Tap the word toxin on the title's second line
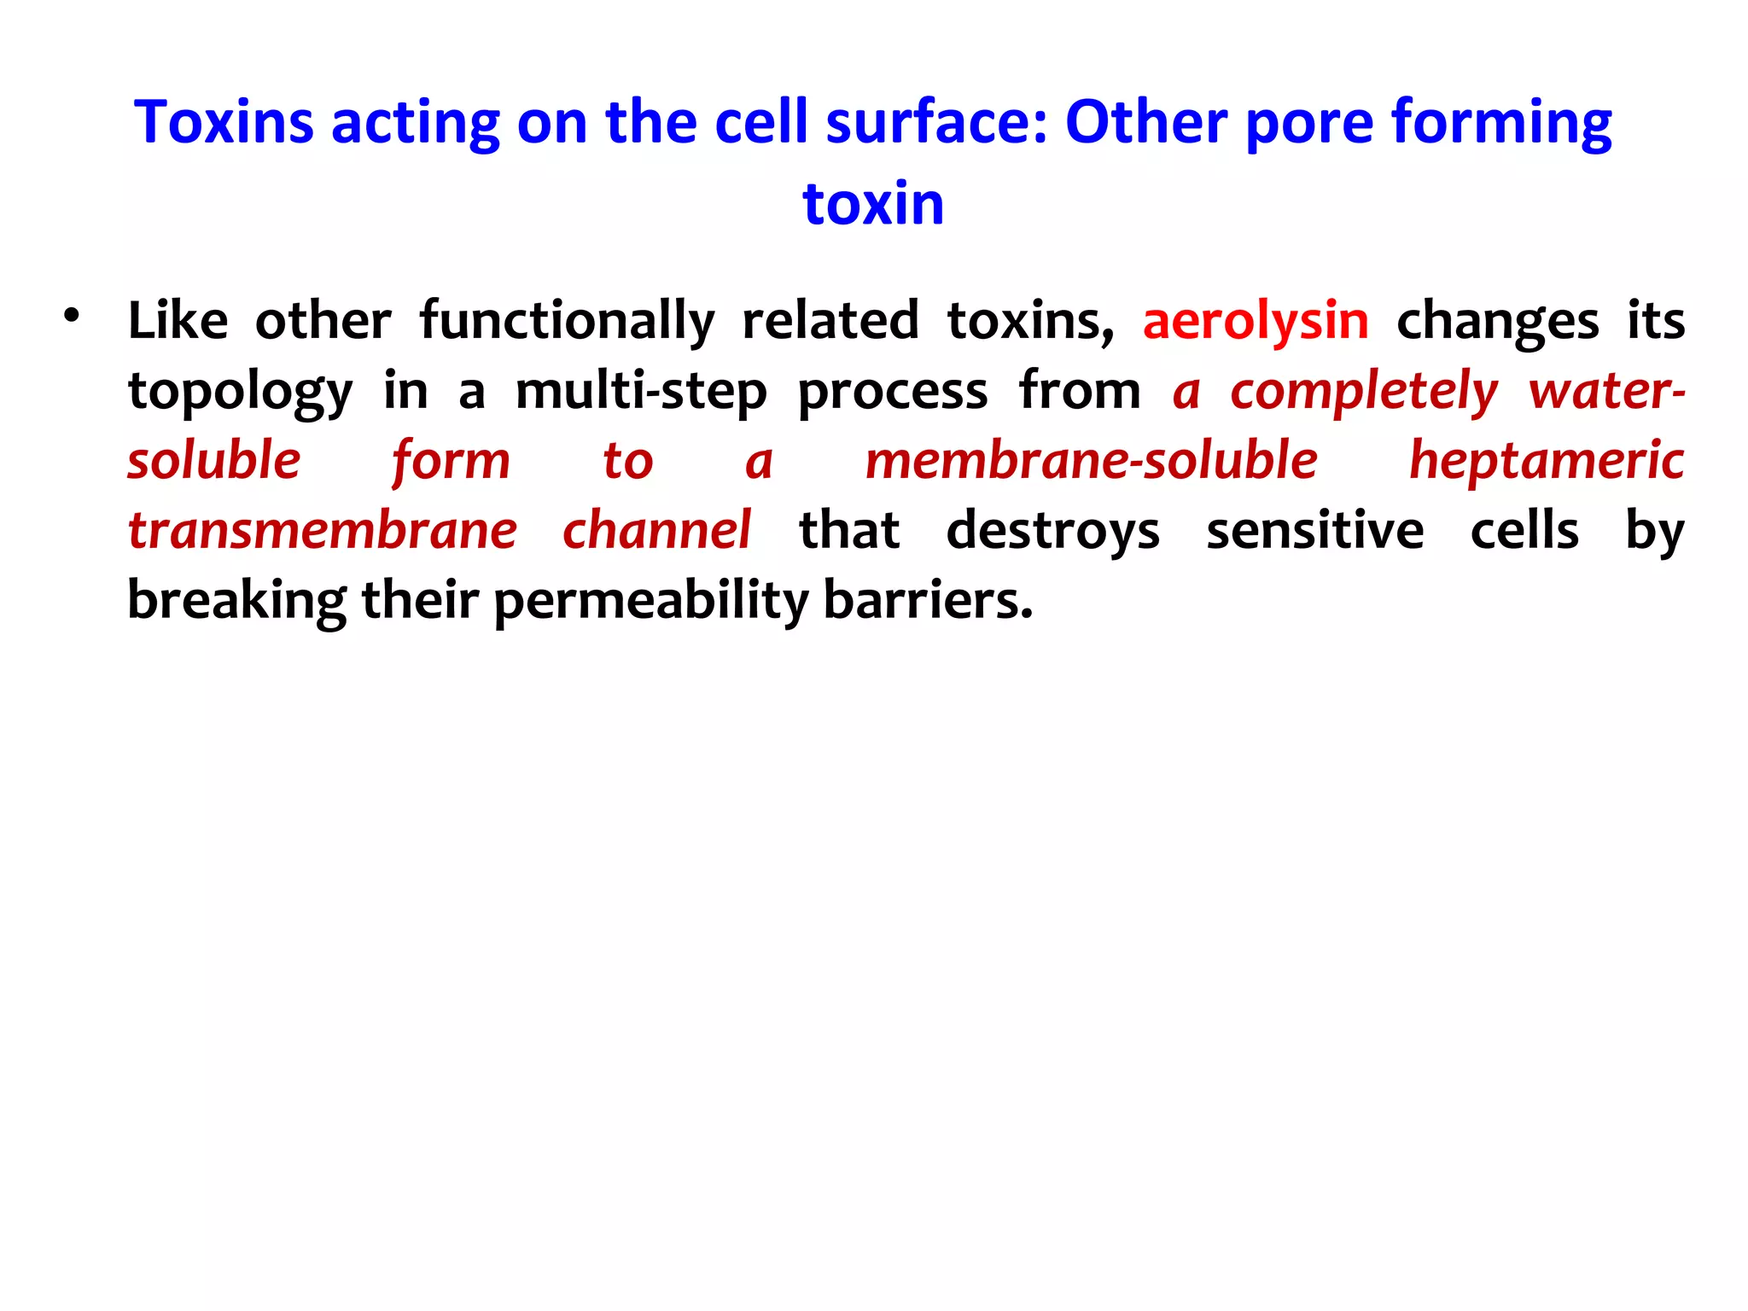[873, 204]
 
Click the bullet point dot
[72, 315]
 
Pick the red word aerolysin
[1256, 321]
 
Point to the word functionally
[567, 323]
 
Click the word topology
[240, 393]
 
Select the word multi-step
[641, 393]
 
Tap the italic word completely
[1363, 393]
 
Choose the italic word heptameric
[1546, 461]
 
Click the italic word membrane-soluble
[1091, 461]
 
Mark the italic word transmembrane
[323, 531]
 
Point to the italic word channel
[656, 531]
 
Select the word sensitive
[1314, 531]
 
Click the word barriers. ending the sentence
[928, 601]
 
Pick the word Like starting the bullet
[178, 321]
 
